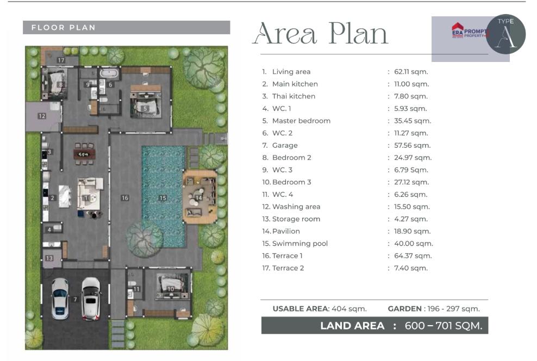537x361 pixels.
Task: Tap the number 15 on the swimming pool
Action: click(163, 198)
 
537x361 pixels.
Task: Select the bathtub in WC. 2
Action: click(109, 73)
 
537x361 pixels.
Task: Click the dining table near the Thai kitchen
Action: click(84, 154)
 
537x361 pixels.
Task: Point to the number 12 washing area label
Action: click(42, 116)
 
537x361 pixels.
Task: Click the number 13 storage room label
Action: click(49, 258)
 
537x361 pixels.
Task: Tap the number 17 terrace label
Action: click(61, 60)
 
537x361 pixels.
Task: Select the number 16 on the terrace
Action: click(125, 198)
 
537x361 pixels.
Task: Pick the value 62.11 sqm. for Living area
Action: click(411, 72)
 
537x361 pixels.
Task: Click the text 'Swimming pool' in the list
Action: click(299, 244)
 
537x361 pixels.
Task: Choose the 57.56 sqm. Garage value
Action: click(413, 146)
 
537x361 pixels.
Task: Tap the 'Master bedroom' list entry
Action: click(301, 121)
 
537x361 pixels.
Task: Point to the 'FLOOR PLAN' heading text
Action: click(64, 27)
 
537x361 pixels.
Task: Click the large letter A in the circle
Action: click(506, 36)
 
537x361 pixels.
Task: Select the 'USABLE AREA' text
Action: click(301, 309)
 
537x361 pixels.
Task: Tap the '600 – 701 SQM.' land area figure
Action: click(444, 326)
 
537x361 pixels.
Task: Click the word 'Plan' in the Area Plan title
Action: click(358, 33)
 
